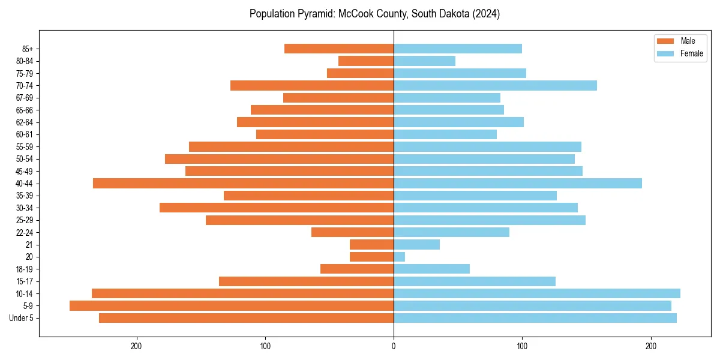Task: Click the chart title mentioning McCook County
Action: click(x=374, y=14)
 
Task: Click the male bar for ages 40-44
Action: click(x=243, y=184)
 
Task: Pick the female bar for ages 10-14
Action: click(x=537, y=293)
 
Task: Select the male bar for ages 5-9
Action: click(x=232, y=306)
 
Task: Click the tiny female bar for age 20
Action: click(x=400, y=257)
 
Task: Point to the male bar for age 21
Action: click(x=371, y=245)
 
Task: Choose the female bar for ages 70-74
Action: click(x=495, y=86)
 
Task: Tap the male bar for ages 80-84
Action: click(x=366, y=61)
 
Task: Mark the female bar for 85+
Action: click(x=458, y=49)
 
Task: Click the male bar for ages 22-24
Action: click(x=352, y=232)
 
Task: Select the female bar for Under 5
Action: click(x=535, y=318)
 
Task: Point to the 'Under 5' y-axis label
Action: click(x=21, y=318)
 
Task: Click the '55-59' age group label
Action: click(x=25, y=147)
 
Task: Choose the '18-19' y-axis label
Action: click(x=25, y=269)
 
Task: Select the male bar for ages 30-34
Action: click(x=277, y=208)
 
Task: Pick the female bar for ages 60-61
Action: click(x=445, y=134)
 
